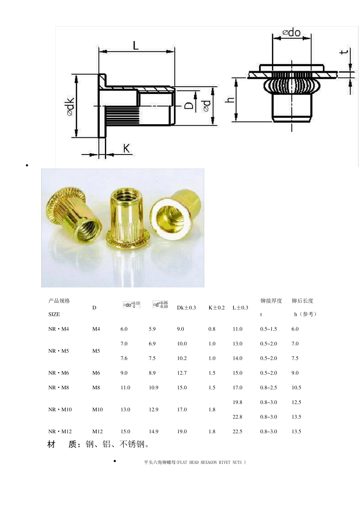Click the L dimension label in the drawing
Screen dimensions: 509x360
[x=136, y=45]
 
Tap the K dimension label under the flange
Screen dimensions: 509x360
[x=127, y=148]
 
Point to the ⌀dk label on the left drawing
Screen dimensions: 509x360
[x=70, y=106]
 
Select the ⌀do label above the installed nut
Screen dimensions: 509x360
[x=291, y=33]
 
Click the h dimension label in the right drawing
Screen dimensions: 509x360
[x=230, y=100]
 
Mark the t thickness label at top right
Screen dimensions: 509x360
[x=344, y=52]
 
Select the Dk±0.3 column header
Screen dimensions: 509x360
[x=186, y=308]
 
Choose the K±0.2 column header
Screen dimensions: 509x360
[x=216, y=308]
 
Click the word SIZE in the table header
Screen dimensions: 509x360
[x=54, y=314]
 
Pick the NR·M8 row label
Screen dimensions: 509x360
[x=59, y=387]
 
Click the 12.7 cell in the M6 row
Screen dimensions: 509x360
[x=182, y=373]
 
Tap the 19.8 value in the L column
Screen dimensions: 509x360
[x=238, y=402]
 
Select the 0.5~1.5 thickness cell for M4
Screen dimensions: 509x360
[x=268, y=329]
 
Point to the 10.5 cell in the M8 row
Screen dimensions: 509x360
[x=296, y=387]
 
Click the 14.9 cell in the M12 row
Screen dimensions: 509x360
[x=153, y=431]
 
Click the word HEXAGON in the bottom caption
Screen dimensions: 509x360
[x=209, y=462]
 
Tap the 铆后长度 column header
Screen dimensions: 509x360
[x=302, y=301]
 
